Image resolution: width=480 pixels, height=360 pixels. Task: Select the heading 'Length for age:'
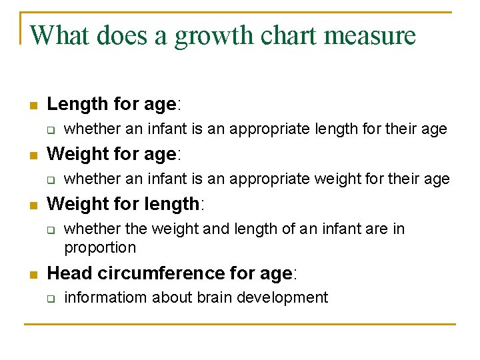(x=115, y=104)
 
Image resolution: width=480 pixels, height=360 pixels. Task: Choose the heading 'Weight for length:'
(x=126, y=203)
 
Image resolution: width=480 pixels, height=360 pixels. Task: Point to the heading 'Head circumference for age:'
(x=172, y=273)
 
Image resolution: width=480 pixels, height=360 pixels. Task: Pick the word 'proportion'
(x=100, y=248)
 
